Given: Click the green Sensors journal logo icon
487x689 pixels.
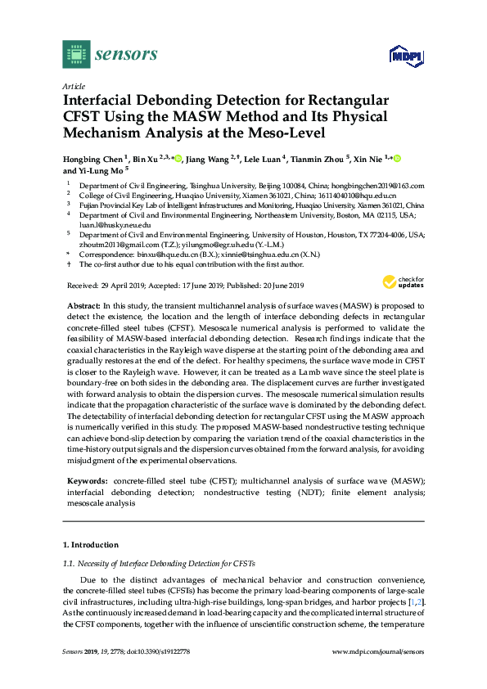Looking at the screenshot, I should click(x=76, y=55).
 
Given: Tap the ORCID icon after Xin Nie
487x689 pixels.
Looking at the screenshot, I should click(x=398, y=158).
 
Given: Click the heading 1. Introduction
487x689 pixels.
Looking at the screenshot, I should click(x=91, y=544).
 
